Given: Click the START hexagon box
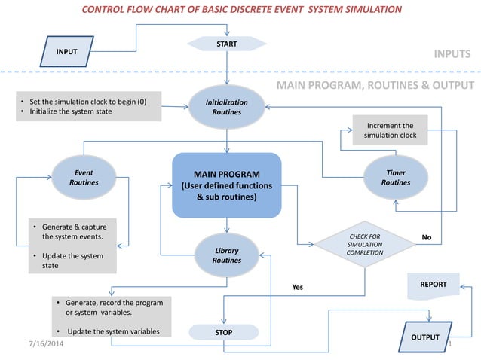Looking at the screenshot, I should (x=226, y=44).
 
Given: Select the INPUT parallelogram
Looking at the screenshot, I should (x=72, y=51).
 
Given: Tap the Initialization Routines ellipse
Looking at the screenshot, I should (x=226, y=107).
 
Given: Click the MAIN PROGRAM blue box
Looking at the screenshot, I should (x=226, y=185).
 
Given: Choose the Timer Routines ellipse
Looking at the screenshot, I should (x=396, y=178).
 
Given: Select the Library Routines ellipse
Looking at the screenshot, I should (x=226, y=255).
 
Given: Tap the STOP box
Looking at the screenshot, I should (x=223, y=332).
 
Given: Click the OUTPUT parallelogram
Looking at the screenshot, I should (x=424, y=337).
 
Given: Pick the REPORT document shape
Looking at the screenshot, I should (x=434, y=285).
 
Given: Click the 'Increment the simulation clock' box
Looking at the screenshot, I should (x=389, y=130).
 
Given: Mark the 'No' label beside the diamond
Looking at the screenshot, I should (x=426, y=237).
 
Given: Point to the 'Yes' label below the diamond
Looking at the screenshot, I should (x=297, y=287).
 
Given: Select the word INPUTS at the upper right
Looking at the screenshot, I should (x=452, y=54).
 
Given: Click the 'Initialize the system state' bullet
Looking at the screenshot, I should (x=75, y=111).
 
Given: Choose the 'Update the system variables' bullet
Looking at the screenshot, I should (x=113, y=331).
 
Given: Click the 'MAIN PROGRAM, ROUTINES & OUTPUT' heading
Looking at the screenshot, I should (x=375, y=85).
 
